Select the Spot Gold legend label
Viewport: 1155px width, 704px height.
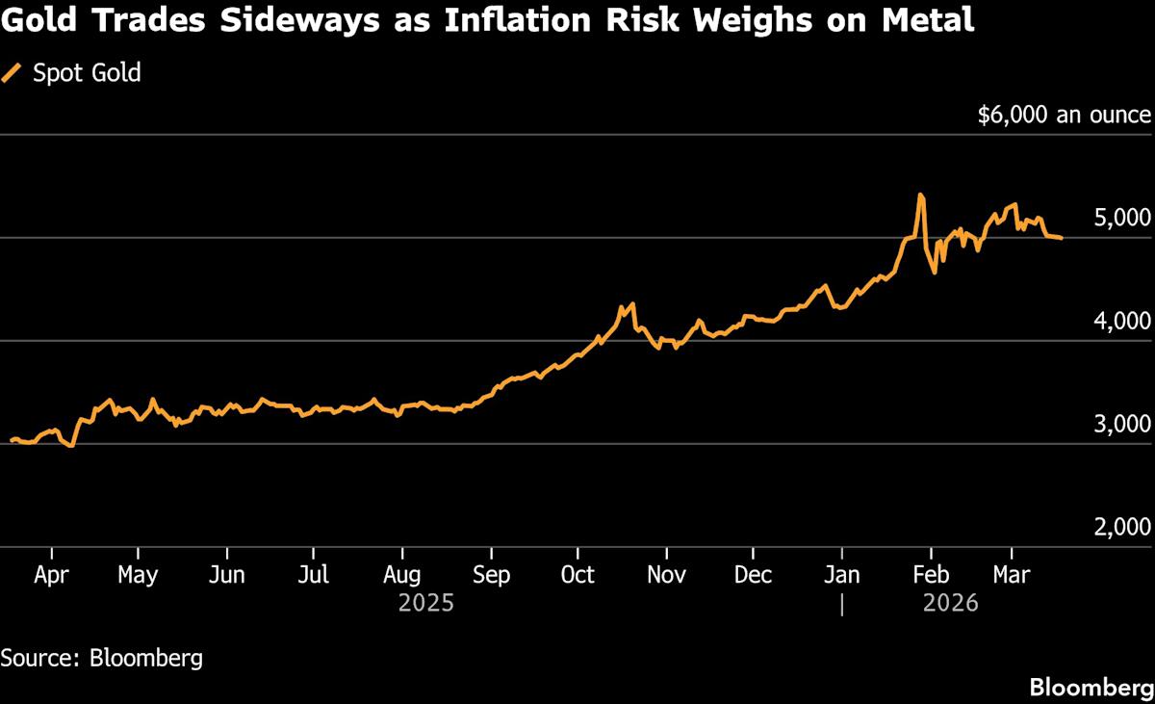click(x=87, y=73)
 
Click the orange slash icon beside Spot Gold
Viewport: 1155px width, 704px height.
click(x=13, y=73)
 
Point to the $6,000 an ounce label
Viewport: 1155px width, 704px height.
click(x=1064, y=116)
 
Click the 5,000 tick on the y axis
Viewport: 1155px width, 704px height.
click(x=1123, y=219)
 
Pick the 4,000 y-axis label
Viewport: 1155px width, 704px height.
click(x=1123, y=322)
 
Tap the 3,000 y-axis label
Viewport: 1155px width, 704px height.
click(x=1123, y=425)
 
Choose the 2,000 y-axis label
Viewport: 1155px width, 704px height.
click(x=1123, y=528)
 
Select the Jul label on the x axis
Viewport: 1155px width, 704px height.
click(x=314, y=575)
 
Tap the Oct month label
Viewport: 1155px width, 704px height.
click(x=577, y=575)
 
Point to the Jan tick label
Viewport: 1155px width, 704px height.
click(x=842, y=575)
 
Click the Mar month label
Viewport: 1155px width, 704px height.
click(x=1011, y=575)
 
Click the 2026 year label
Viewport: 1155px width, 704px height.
click(x=950, y=604)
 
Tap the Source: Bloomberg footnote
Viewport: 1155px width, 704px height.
click(x=101, y=659)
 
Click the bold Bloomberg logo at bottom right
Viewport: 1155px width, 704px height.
click(x=1091, y=687)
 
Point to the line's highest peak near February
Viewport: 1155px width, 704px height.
click(x=920, y=195)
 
